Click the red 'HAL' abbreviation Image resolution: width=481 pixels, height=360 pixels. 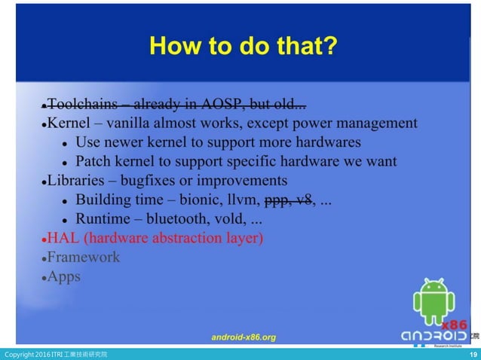(x=63, y=239)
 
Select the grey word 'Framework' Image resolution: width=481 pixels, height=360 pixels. (x=84, y=258)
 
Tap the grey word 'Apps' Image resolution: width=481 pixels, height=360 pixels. (x=64, y=276)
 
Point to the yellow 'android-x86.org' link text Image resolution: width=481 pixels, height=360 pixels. (x=244, y=337)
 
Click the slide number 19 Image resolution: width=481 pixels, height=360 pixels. (x=473, y=355)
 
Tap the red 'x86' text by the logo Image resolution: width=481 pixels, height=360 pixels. (x=454, y=325)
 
